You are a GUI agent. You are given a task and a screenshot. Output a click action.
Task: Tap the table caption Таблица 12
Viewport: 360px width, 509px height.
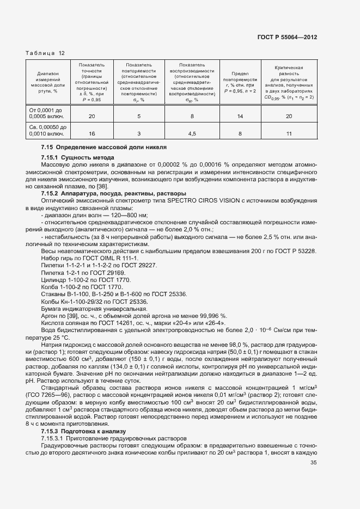[x=45, y=53]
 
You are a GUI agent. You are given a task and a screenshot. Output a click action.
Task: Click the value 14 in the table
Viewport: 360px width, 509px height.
[x=240, y=116]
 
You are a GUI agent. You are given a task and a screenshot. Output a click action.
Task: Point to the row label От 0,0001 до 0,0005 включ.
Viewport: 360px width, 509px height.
[x=46, y=113]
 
